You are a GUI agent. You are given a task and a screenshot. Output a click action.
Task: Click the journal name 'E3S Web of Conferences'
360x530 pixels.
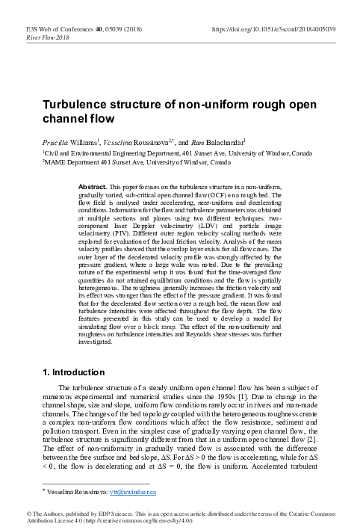51,28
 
